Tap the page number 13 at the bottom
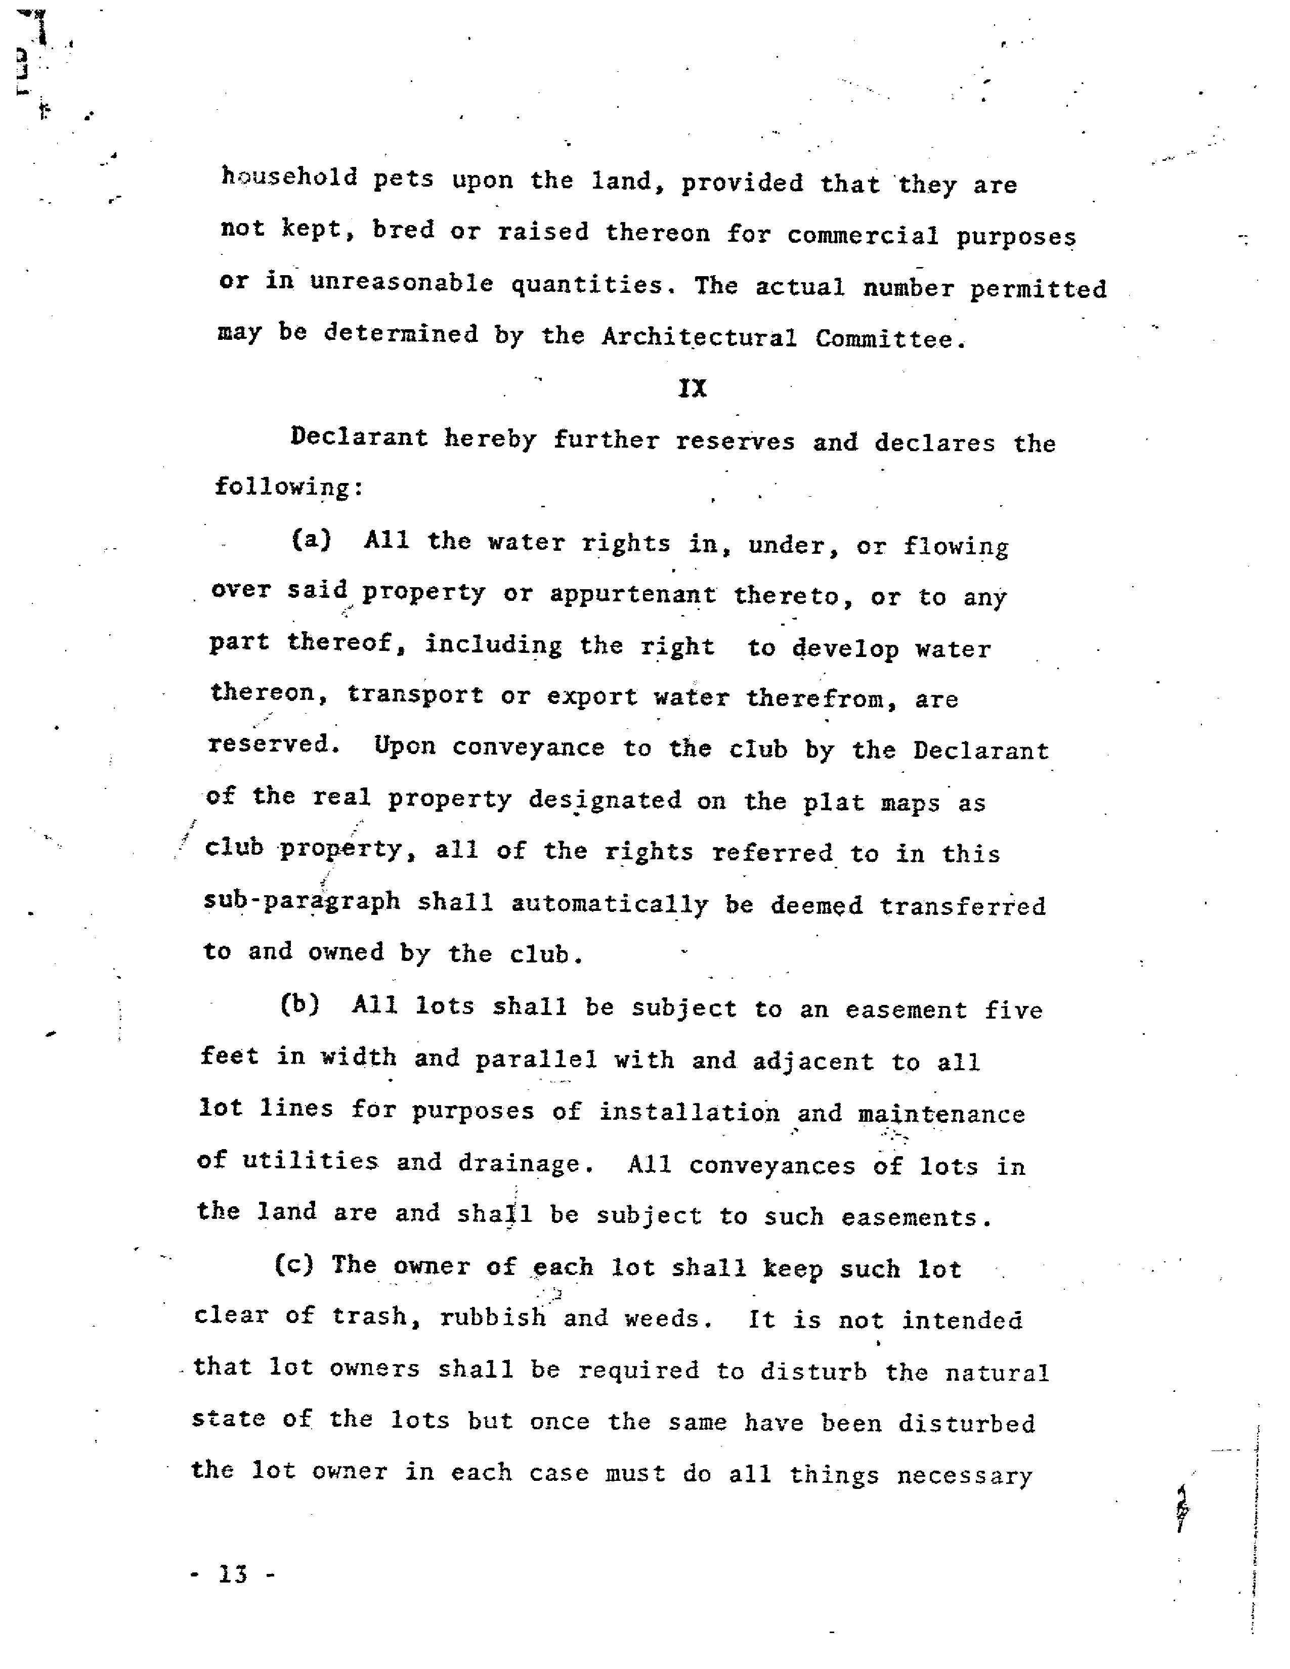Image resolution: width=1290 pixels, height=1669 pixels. point(233,1575)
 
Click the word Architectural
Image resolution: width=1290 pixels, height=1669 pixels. point(699,337)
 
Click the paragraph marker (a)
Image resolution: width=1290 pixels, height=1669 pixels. point(312,540)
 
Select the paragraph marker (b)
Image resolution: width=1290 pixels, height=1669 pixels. point(299,1004)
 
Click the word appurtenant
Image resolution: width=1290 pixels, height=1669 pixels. point(633,595)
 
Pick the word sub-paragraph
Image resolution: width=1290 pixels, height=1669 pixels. point(302,900)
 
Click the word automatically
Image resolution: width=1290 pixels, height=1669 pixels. point(610,904)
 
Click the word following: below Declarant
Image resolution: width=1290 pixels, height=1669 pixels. point(289,487)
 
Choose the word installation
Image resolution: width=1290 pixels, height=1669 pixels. point(689,1112)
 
